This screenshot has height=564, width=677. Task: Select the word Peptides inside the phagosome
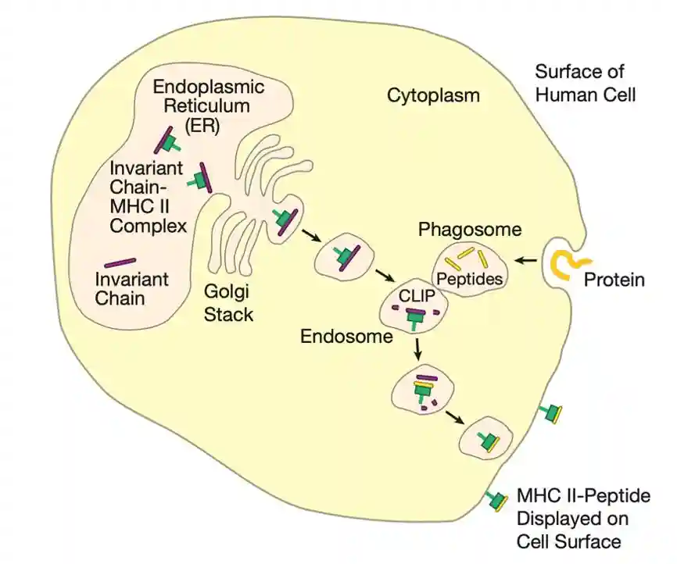(469, 278)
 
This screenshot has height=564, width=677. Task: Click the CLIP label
(417, 298)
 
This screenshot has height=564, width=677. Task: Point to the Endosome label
(346, 337)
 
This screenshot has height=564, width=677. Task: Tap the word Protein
(614, 279)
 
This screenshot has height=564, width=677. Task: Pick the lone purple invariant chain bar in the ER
(120, 262)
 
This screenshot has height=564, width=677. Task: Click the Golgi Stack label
(227, 303)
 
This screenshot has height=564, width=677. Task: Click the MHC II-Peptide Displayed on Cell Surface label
(583, 518)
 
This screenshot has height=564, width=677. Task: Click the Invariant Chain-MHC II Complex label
(148, 197)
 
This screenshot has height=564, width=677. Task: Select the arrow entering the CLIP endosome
(384, 277)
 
